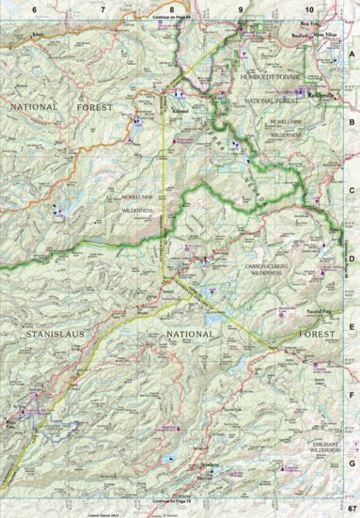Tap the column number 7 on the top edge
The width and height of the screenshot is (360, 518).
102,8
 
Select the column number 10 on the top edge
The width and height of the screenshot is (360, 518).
309,8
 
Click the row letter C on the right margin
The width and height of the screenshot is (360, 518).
352,187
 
